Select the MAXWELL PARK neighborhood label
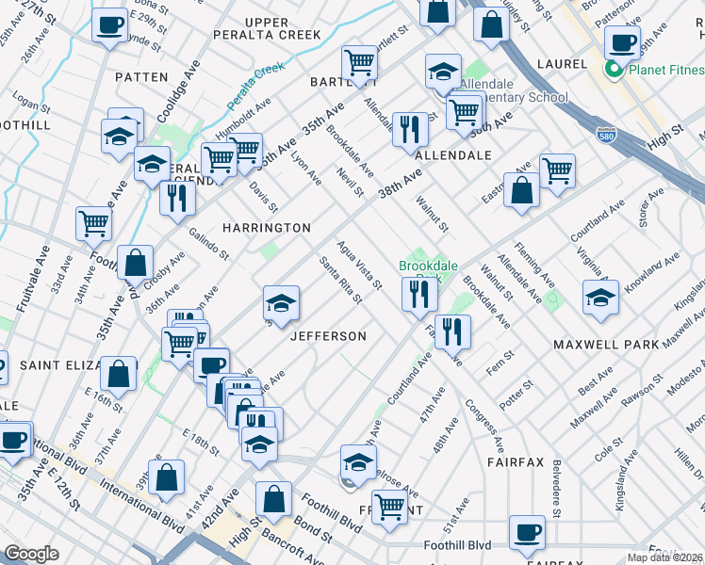click(606, 345)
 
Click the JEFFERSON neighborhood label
click(328, 336)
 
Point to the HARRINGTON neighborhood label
click(266, 228)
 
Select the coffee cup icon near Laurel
click(621, 41)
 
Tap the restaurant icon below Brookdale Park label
click(419, 294)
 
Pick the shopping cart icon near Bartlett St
click(359, 63)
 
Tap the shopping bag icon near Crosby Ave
click(136, 263)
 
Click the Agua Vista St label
click(360, 266)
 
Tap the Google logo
click(31, 554)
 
